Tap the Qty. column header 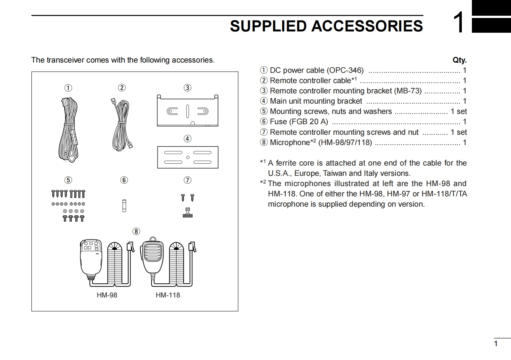click(459, 60)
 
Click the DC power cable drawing click(69, 130)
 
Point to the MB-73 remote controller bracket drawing click(188, 111)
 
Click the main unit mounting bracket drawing click(188, 157)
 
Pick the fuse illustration click(124, 206)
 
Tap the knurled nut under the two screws click(188, 213)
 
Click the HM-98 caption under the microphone click(107, 295)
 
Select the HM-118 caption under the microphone click(168, 295)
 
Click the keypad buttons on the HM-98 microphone click(91, 246)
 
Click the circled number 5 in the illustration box click(68, 180)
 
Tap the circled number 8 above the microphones click(136, 232)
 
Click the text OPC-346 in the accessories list click(345, 70)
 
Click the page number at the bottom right click(496, 344)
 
